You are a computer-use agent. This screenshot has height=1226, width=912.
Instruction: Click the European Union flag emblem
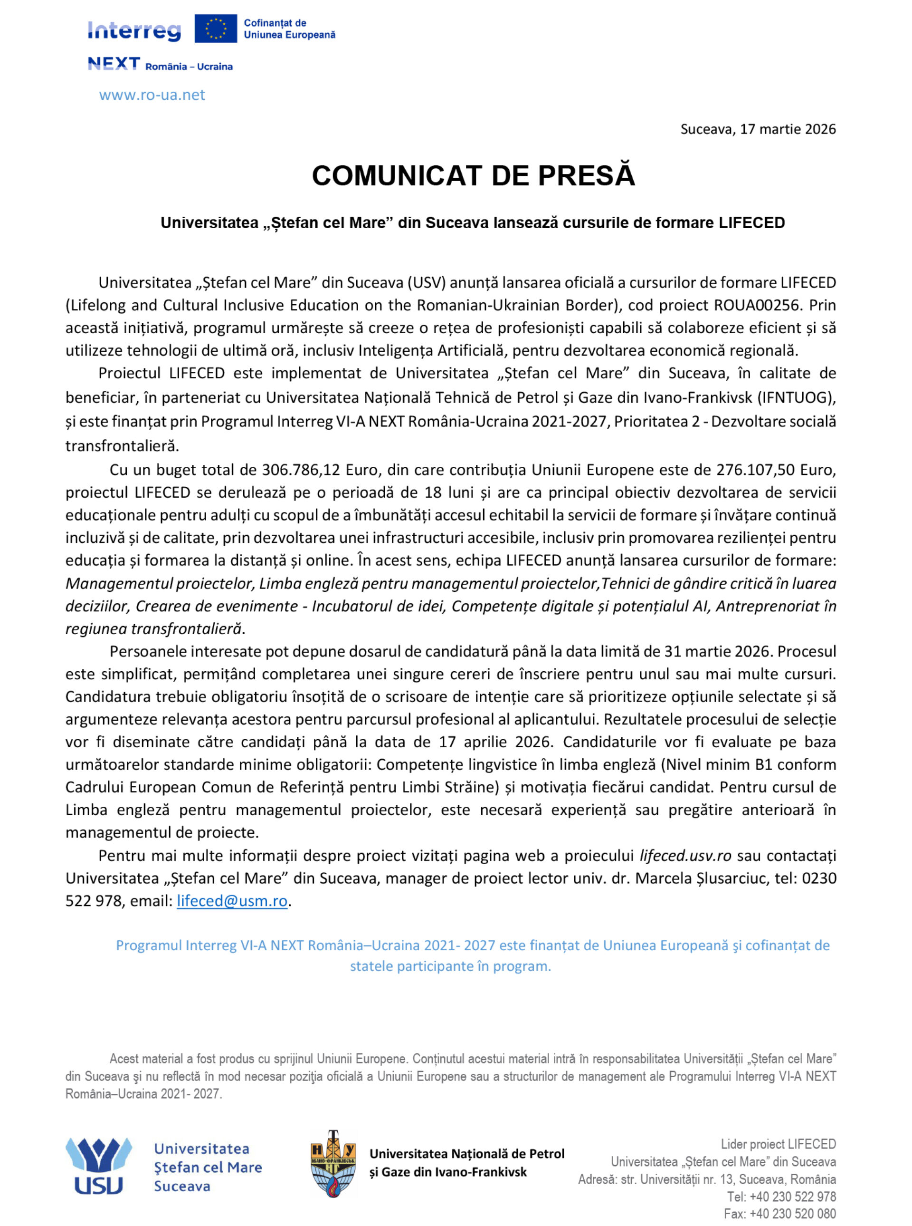click(215, 29)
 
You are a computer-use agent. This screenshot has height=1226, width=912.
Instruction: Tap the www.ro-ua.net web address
click(152, 95)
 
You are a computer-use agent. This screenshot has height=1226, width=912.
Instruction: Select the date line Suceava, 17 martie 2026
click(758, 129)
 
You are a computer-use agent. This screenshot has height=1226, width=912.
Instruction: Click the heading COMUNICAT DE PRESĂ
click(473, 176)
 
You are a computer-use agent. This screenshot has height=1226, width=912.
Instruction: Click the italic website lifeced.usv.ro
click(685, 856)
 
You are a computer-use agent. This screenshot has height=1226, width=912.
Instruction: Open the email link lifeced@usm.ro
click(232, 901)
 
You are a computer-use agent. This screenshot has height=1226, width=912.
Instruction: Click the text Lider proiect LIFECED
click(778, 1144)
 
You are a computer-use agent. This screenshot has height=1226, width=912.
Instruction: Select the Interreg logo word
click(134, 31)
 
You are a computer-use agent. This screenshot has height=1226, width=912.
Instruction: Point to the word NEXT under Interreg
click(114, 64)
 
